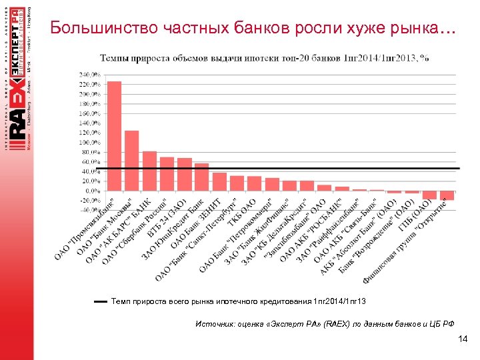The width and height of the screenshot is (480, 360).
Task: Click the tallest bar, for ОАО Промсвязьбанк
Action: pyautogui.click(x=114, y=136)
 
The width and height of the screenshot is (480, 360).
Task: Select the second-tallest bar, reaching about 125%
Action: pyautogui.click(x=131, y=161)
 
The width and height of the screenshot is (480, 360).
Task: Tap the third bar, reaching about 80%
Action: pyautogui.click(x=149, y=171)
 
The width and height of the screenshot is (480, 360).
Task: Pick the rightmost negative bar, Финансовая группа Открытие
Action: pyautogui.click(x=447, y=195)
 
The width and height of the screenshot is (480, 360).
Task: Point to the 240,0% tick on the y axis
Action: pyautogui.click(x=90, y=74)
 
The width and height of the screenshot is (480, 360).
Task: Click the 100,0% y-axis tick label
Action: pyautogui.click(x=90, y=142)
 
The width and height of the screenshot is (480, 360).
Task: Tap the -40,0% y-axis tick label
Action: pyautogui.click(x=90, y=210)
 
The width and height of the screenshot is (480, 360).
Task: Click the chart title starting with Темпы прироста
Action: pyautogui.click(x=264, y=58)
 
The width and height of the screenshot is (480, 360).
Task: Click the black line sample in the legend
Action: pyautogui.click(x=101, y=302)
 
